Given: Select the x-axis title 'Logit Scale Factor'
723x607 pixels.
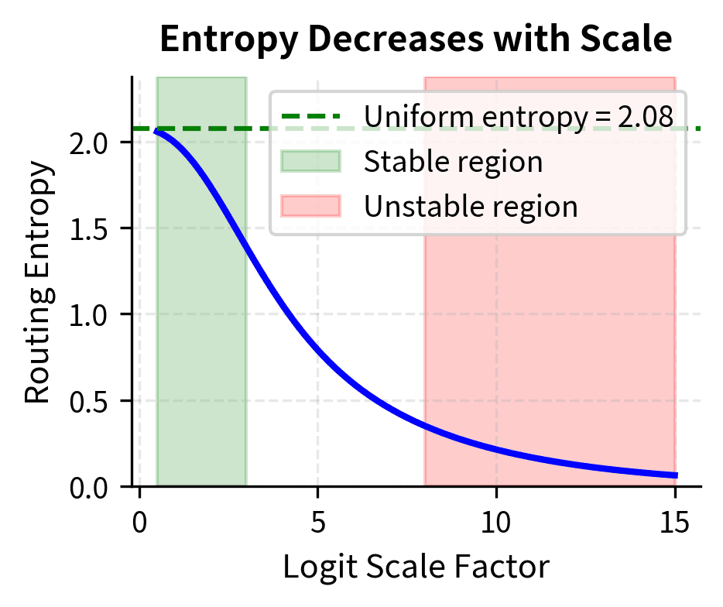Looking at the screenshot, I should [416, 567].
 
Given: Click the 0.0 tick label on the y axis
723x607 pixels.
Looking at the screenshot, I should [87, 488].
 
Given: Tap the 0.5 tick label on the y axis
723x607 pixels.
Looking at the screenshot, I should [87, 401].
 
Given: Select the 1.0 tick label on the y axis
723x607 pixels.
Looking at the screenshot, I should [87, 315].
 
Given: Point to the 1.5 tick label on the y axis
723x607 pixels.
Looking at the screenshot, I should [87, 228].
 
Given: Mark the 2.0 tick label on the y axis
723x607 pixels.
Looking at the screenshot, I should [87, 142].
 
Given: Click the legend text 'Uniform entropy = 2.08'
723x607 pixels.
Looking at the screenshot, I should [518, 117].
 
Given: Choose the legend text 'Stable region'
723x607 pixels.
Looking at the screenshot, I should [453, 162].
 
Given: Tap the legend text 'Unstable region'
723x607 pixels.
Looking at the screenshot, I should [471, 207].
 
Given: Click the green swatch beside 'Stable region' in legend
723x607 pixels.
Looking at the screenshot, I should [310, 161].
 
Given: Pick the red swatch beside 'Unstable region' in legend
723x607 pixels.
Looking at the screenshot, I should [310, 206].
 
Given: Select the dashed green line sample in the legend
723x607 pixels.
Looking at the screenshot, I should [310, 117].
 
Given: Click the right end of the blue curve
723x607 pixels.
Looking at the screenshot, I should [676, 475].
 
